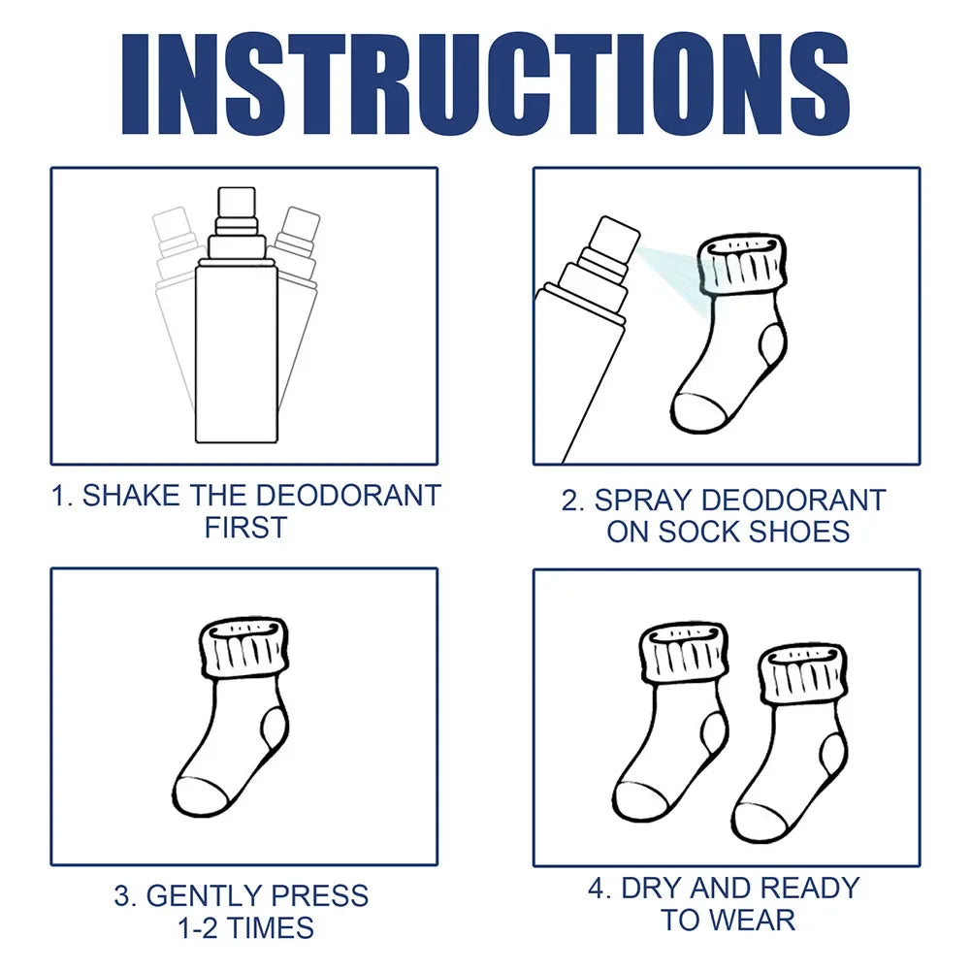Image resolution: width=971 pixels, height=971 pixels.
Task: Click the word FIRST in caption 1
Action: coord(245,529)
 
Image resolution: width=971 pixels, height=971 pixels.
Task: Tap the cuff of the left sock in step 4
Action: coord(684,653)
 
